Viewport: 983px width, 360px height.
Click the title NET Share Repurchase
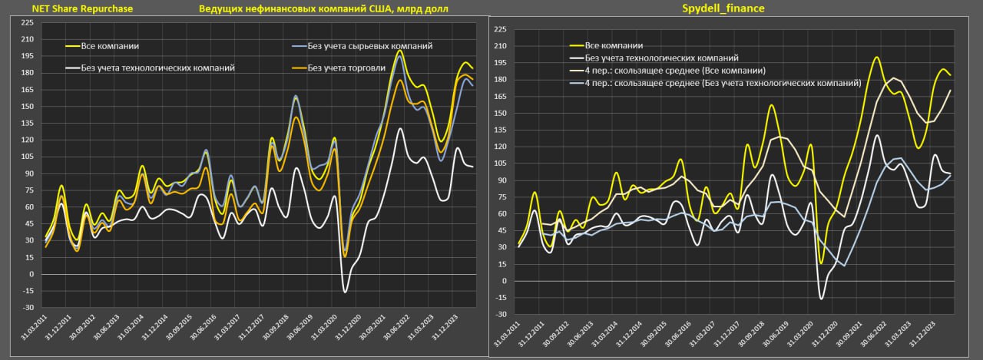(x=82, y=8)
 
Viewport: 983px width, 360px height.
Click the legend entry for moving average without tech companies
(x=723, y=82)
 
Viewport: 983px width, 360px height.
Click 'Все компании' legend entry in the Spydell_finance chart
(x=614, y=45)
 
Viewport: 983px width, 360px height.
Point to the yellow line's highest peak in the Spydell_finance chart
(x=876, y=58)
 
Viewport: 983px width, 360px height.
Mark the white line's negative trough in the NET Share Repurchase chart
(x=345, y=292)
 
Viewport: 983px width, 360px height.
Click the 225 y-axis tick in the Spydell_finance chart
(x=500, y=30)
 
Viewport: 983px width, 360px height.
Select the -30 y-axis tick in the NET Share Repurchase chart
(x=28, y=308)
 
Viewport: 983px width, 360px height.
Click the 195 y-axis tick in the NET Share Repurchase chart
(x=28, y=56)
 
